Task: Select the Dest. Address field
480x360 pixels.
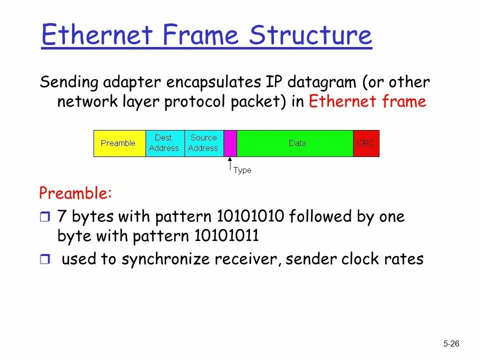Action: [164, 143]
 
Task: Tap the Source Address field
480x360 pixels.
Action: [203, 143]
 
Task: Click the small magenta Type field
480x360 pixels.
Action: [230, 143]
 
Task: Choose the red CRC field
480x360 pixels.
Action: [366, 143]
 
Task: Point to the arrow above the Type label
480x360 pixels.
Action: [230, 164]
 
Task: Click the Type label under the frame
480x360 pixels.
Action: [242, 170]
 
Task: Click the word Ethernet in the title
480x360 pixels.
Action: [97, 35]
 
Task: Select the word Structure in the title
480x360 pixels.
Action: [311, 35]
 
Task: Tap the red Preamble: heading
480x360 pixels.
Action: [76, 192]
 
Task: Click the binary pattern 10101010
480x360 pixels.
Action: [250, 217]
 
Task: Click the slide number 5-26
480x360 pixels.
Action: [451, 343]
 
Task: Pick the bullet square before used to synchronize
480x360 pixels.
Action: [45, 259]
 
